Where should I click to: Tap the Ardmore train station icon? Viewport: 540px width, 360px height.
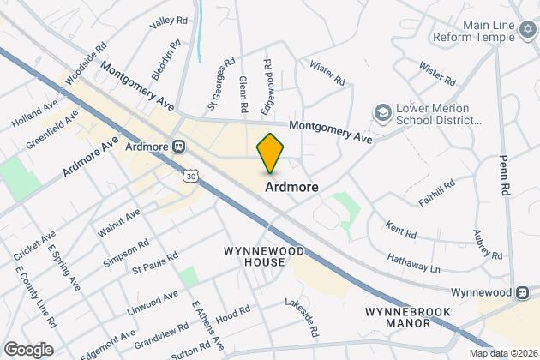pos(178,146)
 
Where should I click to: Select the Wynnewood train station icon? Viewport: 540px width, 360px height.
pos(523,291)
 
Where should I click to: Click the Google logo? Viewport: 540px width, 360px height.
pos(28,350)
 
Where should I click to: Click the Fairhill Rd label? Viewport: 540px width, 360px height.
pos(437,188)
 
